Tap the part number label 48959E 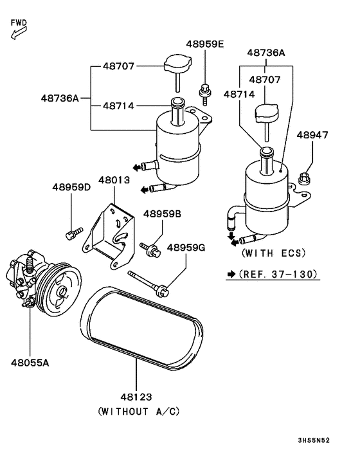205,44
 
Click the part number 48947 312,135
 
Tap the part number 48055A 30,363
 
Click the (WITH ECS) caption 273,253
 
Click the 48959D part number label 71,187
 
